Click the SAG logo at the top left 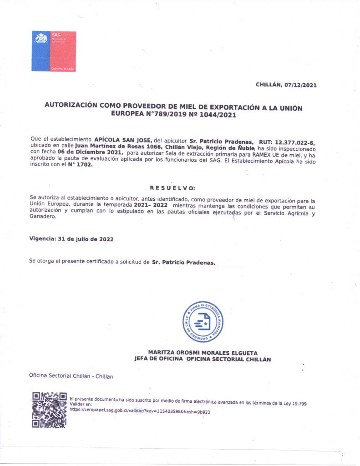coord(53,51)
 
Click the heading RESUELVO coord(172,187)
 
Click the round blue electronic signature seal coord(203,322)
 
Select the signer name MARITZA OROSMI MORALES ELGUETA coord(203,353)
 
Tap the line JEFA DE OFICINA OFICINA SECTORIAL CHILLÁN coord(203,359)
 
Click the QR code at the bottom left coord(49,409)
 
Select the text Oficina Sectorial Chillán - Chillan coord(71,376)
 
